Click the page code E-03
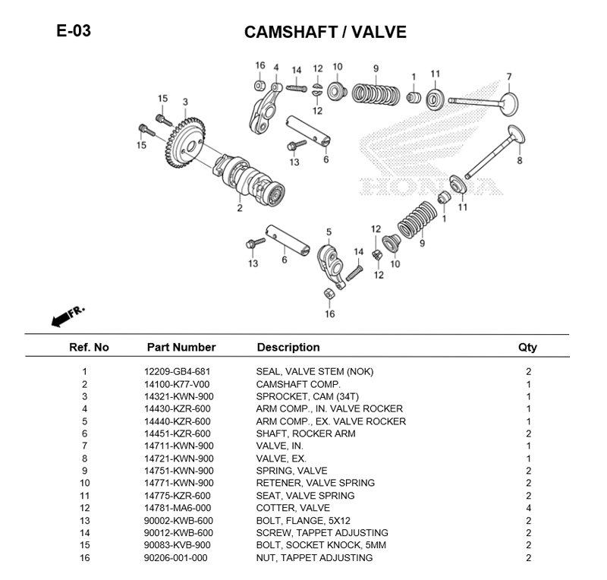coord(73,31)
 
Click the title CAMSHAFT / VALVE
coord(325,32)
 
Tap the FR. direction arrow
coord(68,317)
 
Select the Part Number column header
coord(181,347)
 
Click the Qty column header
coord(527,347)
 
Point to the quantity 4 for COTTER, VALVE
coord(528,508)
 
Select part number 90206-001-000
coord(175,558)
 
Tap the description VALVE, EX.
coord(281,459)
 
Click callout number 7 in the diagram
coord(508,76)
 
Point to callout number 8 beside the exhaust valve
coord(520,160)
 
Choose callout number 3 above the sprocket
coord(184,102)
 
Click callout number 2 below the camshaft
coord(239,208)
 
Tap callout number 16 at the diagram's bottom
coord(329,314)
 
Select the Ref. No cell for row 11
coord(85,496)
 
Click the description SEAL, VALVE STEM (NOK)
coord(314,371)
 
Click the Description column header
coord(288,347)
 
